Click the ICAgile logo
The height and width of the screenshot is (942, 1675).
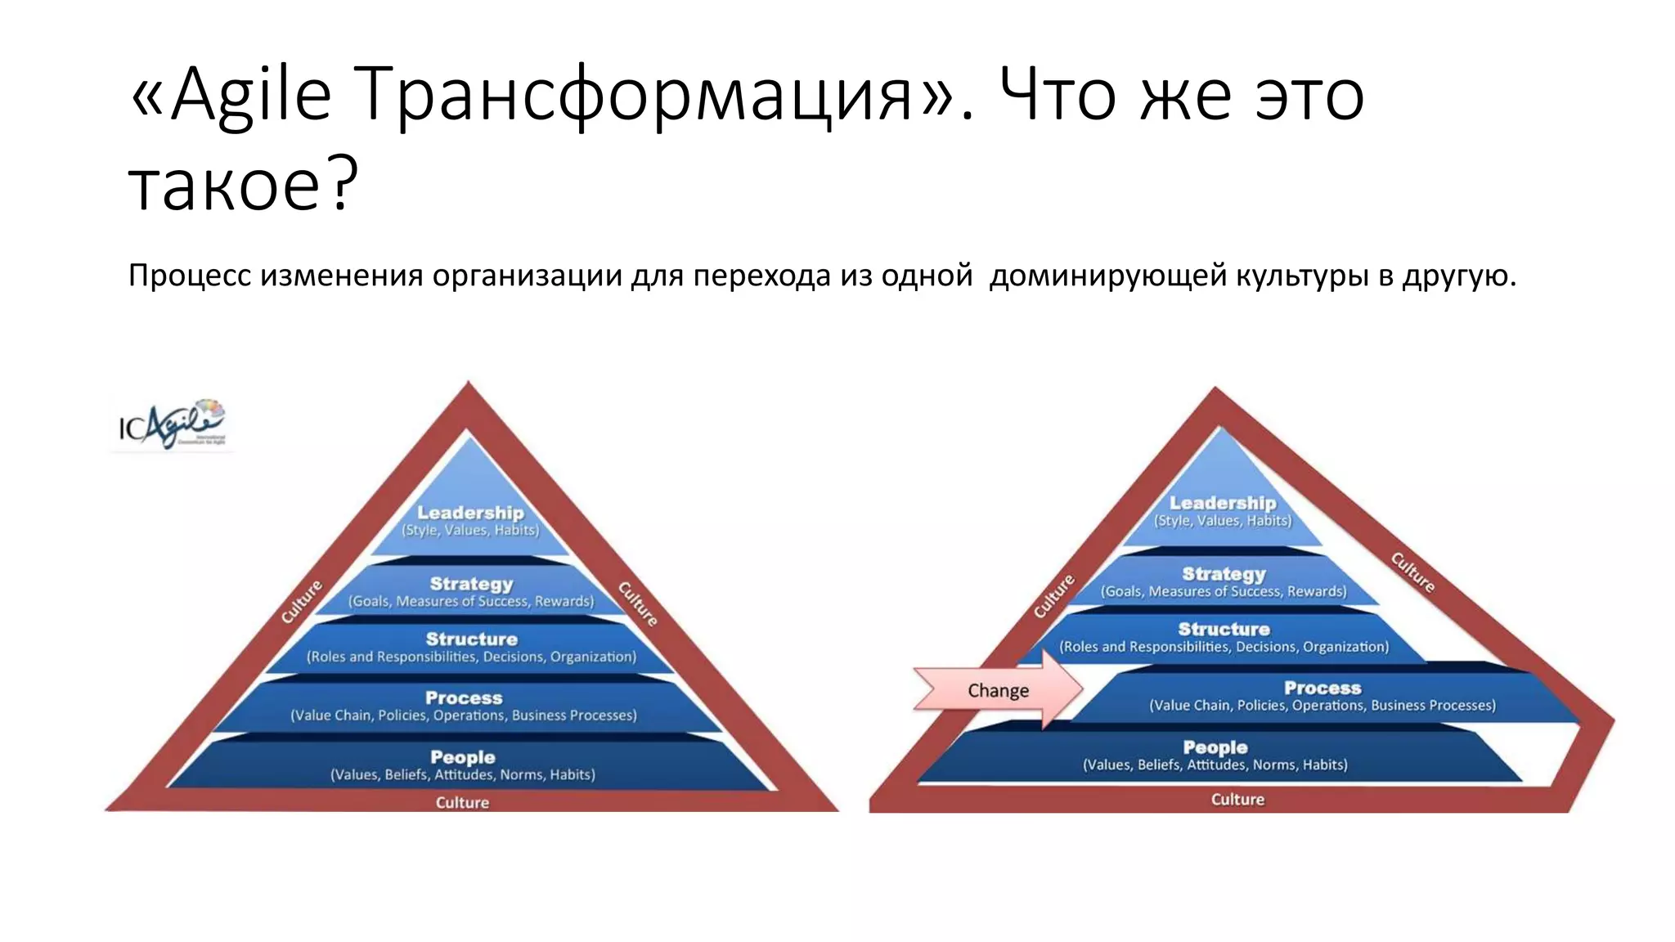pyautogui.click(x=172, y=424)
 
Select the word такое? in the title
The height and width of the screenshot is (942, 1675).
pyautogui.click(x=244, y=185)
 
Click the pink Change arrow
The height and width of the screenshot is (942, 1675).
pyautogui.click(x=999, y=690)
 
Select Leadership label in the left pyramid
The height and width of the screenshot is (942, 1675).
pyautogui.click(x=470, y=513)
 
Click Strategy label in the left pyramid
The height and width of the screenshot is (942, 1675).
pyautogui.click(x=471, y=584)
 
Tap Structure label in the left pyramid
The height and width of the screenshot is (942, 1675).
pyautogui.click(x=471, y=639)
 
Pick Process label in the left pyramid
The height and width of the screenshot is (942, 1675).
pyautogui.click(x=464, y=698)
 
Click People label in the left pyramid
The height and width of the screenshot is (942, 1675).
pyautogui.click(x=463, y=757)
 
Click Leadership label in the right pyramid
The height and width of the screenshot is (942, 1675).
pyautogui.click(x=1223, y=503)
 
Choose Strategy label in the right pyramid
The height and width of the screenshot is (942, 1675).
pyautogui.click(x=1224, y=574)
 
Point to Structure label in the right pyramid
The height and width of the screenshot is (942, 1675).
pyautogui.click(x=1224, y=629)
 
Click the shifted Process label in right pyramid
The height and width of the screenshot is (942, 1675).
pyautogui.click(x=1322, y=689)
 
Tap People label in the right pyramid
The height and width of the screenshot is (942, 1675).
pyautogui.click(x=1215, y=747)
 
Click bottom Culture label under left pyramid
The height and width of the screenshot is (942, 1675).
pyautogui.click(x=462, y=802)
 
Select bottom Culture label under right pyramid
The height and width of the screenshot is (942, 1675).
pyautogui.click(x=1237, y=799)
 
